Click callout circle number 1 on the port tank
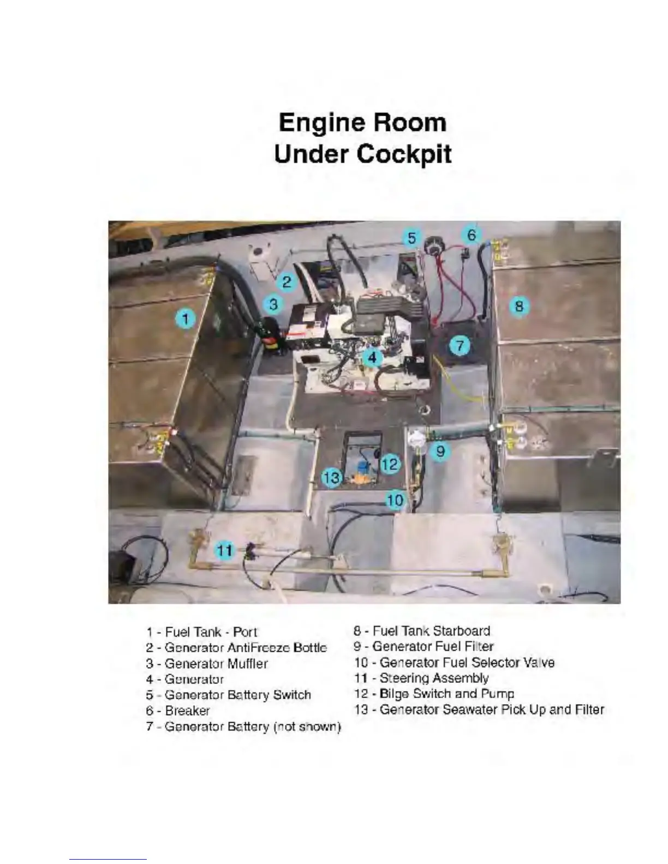tap(186, 318)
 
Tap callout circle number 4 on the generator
tap(372, 357)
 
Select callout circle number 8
tap(519, 305)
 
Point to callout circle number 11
tap(225, 550)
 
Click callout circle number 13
tap(331, 478)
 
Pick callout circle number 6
tap(472, 235)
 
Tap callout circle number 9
tap(440, 451)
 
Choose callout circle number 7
tap(460, 345)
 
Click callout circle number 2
tap(287, 282)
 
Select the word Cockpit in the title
tap(404, 154)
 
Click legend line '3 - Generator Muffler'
tap(207, 664)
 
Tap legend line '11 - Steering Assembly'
tap(421, 678)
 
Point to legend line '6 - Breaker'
tap(178, 711)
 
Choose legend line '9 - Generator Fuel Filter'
tap(424, 647)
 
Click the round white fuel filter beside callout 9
tap(416, 440)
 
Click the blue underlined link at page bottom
tap(108, 859)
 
